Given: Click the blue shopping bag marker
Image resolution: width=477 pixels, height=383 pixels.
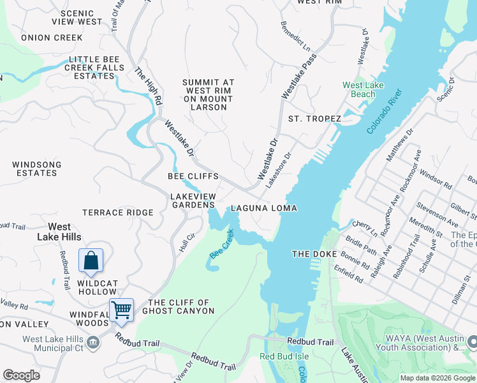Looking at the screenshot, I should tap(91, 260).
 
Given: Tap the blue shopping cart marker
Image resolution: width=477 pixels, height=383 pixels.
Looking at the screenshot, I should tap(121, 310).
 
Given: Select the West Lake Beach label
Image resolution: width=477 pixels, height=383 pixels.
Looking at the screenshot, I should tap(359, 90).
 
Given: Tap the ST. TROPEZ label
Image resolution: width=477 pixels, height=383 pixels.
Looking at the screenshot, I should tap(314, 119).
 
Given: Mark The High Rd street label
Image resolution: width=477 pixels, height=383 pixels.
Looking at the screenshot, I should tap(149, 86).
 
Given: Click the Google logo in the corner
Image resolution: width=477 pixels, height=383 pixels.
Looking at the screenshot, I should tap(21, 375).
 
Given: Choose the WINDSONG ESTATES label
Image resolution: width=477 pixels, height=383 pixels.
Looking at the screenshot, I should tap(37, 169).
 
